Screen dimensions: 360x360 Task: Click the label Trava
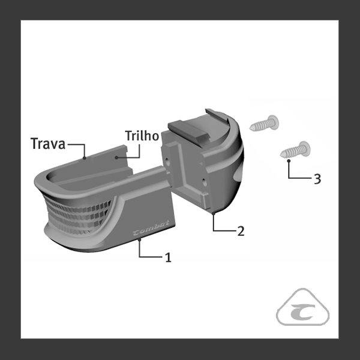tap(48, 143)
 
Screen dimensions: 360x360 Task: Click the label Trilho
tap(142, 136)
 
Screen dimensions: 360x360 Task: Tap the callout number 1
tap(168, 257)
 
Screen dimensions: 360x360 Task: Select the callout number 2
tap(241, 231)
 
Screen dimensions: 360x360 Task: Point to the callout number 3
tap(317, 179)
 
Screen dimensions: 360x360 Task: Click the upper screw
tap(265, 123)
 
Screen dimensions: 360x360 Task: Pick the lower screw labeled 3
tap(295, 150)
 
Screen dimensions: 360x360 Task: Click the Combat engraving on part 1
tap(151, 228)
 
